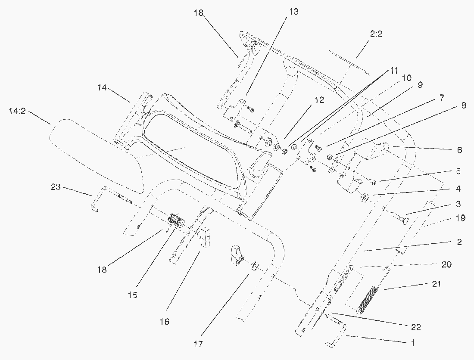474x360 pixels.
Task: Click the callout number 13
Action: pyautogui.click(x=293, y=12)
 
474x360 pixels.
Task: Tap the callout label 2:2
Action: pyautogui.click(x=376, y=34)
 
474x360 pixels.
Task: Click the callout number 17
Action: pyautogui.click(x=198, y=344)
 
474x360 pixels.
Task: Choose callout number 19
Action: pyautogui.click(x=460, y=218)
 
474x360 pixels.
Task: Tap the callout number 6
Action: pyautogui.click(x=459, y=150)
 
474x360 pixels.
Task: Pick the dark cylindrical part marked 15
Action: pyautogui.click(x=175, y=220)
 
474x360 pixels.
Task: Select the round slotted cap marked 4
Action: pyautogui.click(x=364, y=197)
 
